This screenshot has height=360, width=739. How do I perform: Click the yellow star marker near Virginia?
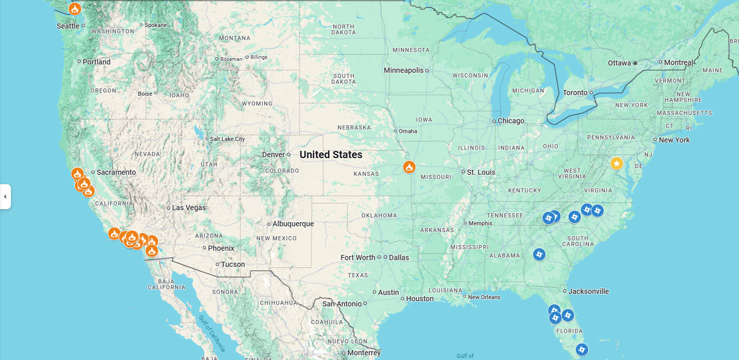pyautogui.click(x=616, y=164)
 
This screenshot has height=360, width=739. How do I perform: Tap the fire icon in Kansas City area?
pyautogui.click(x=409, y=167)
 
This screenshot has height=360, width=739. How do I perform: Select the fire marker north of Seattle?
pyautogui.click(x=75, y=9)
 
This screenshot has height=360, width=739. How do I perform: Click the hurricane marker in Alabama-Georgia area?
pyautogui.click(x=539, y=254)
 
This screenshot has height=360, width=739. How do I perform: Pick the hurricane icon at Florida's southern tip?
pyautogui.click(x=582, y=350)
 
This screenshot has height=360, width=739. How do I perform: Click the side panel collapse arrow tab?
pyautogui.click(x=5, y=197)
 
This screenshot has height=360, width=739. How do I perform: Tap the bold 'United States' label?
pyautogui.click(x=331, y=155)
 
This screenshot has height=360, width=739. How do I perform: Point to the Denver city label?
pyautogui.click(x=274, y=155)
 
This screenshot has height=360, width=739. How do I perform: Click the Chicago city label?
pyautogui.click(x=511, y=121)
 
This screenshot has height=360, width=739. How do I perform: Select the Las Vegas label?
pyautogui.click(x=189, y=208)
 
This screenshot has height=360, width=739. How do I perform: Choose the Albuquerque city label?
pyautogui.click(x=293, y=224)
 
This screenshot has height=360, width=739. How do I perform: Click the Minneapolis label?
pyautogui.click(x=404, y=70)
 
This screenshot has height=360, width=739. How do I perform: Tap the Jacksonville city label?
pyautogui.click(x=589, y=291)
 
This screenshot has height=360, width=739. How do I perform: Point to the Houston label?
pyautogui.click(x=420, y=299)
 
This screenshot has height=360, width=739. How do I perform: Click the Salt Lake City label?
pyautogui.click(x=227, y=139)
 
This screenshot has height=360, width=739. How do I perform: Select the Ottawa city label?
pyautogui.click(x=619, y=63)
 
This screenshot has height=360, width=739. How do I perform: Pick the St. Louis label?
pyautogui.click(x=481, y=172)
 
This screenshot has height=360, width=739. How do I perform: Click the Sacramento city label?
pyautogui.click(x=116, y=172)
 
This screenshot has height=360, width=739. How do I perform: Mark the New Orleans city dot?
pyautogui.click(x=465, y=297)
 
